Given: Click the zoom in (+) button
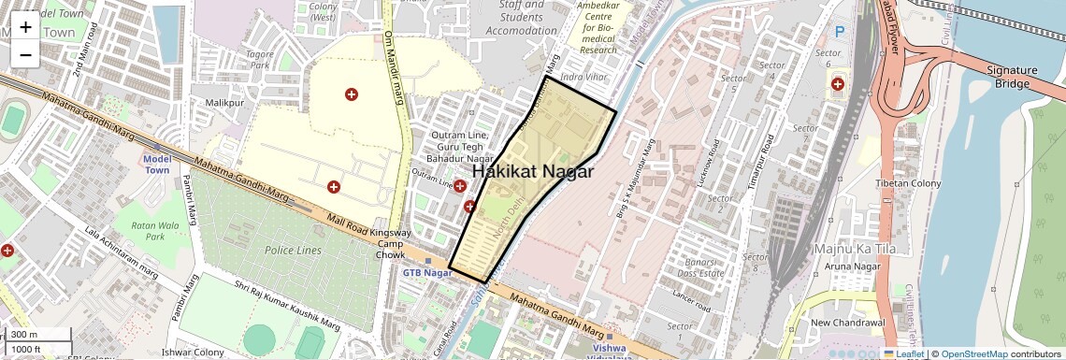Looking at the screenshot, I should click(x=25, y=26).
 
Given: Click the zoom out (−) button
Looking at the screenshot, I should click(x=25, y=54).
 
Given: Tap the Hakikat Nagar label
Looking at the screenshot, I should click(x=533, y=172).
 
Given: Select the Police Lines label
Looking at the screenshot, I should click(x=293, y=251).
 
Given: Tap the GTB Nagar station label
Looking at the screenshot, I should click(x=426, y=272).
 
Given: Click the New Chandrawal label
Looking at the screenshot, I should click(x=846, y=323).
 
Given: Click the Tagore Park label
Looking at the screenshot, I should click(x=258, y=60).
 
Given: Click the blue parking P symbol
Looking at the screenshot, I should click(x=839, y=31).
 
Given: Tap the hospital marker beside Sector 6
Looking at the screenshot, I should click(x=837, y=84).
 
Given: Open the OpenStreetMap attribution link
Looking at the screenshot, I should click(x=974, y=353).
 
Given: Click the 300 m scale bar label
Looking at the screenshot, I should click(x=25, y=334).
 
